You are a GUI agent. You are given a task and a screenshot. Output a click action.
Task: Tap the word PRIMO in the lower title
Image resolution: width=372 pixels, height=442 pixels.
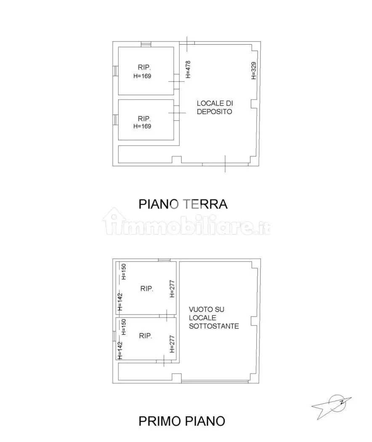pyautogui.click(x=160, y=421)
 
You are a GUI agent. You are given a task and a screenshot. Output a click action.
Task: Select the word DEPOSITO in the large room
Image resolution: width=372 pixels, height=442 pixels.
pyautogui.click(x=215, y=112)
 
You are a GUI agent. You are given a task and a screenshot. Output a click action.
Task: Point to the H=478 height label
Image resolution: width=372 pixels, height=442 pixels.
pyautogui.click(x=188, y=69)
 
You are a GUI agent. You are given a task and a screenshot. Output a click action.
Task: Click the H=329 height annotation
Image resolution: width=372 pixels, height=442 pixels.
pyautogui.click(x=254, y=70)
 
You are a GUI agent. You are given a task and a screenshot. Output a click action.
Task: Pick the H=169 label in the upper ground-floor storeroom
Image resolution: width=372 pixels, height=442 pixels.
pyautogui.click(x=142, y=76)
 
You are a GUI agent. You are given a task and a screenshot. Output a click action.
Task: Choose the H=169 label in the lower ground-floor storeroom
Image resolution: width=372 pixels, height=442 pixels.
pyautogui.click(x=142, y=126)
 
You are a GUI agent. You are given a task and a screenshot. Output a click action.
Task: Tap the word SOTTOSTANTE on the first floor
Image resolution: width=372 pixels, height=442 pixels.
pyautogui.click(x=214, y=326)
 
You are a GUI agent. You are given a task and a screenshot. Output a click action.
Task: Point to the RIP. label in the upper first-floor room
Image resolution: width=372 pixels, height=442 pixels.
pyautogui.click(x=146, y=289)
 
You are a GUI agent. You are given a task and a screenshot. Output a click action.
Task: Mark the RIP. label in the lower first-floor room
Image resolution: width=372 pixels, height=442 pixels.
pyautogui.click(x=146, y=336)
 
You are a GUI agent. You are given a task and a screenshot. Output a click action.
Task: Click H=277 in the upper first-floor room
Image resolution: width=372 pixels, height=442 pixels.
pyautogui.click(x=173, y=289)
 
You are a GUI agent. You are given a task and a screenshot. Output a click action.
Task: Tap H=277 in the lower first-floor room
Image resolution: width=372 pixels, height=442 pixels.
pyautogui.click(x=173, y=344)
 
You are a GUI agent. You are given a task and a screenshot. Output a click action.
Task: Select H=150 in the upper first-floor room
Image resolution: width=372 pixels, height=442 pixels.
pyautogui.click(x=123, y=272)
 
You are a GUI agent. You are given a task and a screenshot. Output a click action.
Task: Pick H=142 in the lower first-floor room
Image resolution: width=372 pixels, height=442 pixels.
pyautogui.click(x=120, y=350)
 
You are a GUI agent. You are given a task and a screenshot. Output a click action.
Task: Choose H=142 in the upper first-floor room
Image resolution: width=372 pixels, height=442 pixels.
pyautogui.click(x=120, y=302)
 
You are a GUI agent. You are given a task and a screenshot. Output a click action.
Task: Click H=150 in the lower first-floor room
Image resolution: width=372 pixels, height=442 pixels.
pyautogui.click(x=123, y=327)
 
